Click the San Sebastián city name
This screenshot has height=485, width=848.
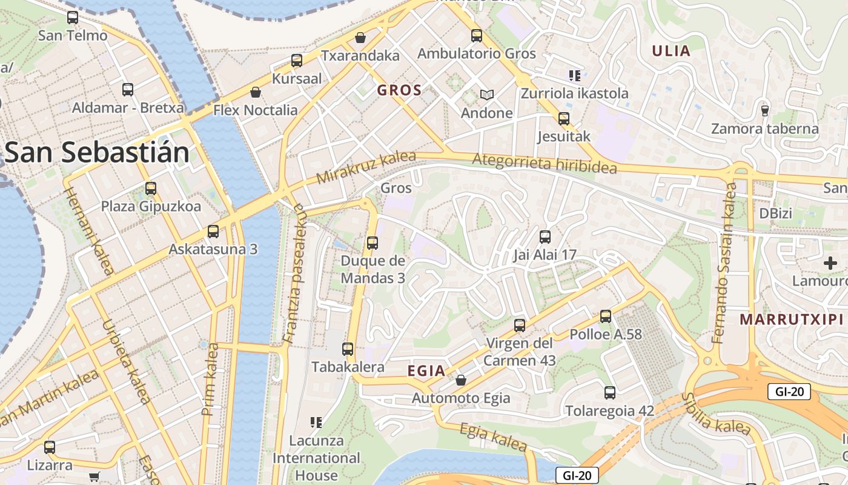[x=97, y=153]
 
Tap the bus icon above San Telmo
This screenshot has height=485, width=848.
[x=73, y=18]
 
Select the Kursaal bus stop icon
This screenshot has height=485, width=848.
[x=297, y=61]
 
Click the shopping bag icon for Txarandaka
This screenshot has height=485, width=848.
[x=360, y=38]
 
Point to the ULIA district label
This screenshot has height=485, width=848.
[x=671, y=51]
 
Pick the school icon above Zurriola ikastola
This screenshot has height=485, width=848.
[x=574, y=76]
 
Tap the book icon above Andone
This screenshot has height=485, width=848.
[x=487, y=95]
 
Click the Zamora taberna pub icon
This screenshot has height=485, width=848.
[x=764, y=110]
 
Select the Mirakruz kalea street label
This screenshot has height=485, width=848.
[x=366, y=168]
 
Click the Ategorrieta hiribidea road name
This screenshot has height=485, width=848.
[x=544, y=163]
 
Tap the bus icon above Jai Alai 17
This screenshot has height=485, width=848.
[x=545, y=236]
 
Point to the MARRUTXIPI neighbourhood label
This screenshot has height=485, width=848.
[x=792, y=319]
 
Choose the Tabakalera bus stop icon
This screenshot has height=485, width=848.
[x=348, y=349]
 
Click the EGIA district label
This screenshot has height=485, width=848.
[x=426, y=371]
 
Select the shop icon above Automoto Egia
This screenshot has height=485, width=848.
[x=461, y=380]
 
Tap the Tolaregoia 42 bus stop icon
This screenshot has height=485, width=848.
[x=610, y=393]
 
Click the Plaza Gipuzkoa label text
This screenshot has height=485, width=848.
[x=151, y=207]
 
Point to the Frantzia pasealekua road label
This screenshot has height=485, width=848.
[x=295, y=273]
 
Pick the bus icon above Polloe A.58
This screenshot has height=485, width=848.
[x=606, y=316]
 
